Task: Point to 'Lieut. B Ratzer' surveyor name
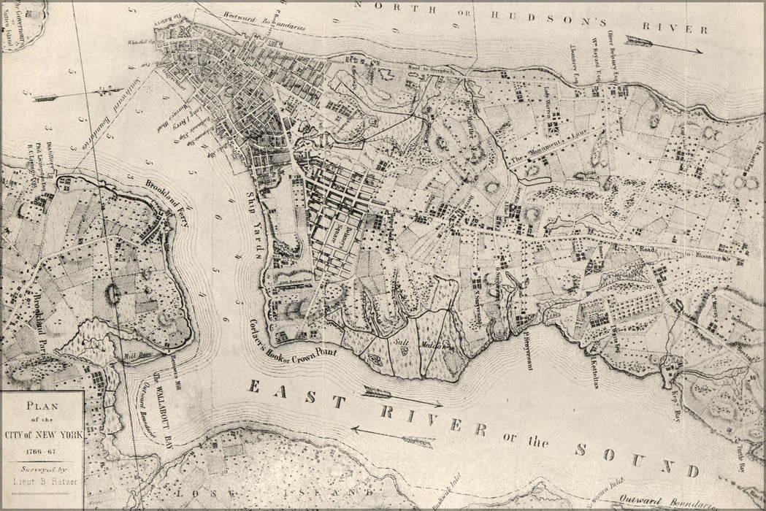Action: click(x=42, y=483)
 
